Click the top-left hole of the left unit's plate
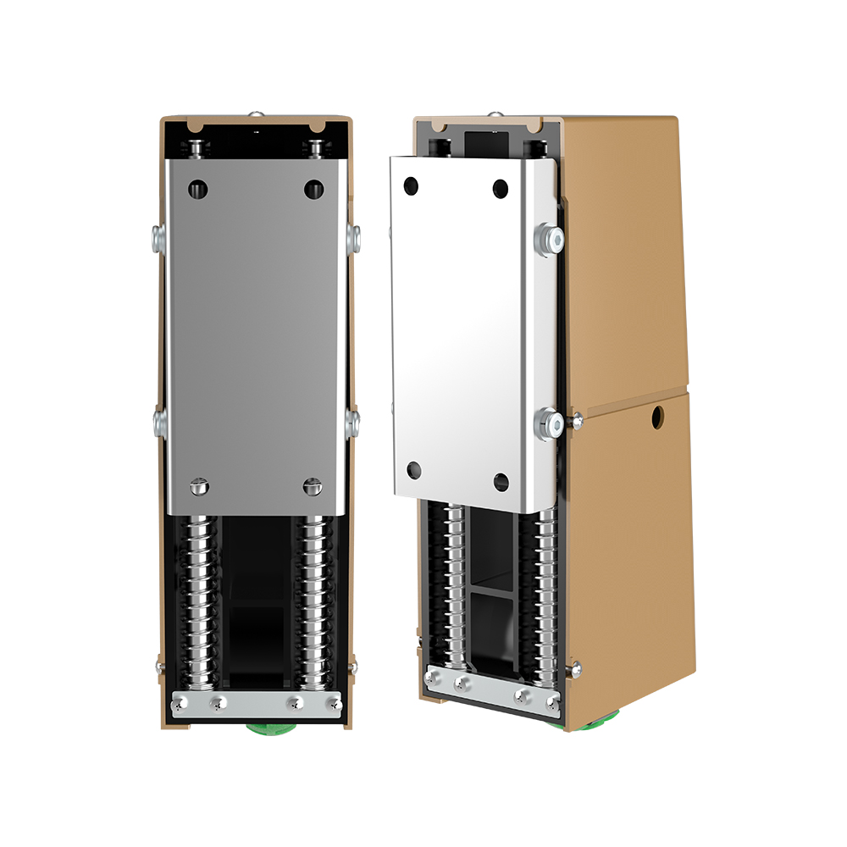coord(198,188)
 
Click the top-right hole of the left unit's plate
coord(314,188)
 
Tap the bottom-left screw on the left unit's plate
coord(199,486)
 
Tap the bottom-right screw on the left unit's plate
coord(312,486)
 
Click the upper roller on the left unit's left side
coord(158,238)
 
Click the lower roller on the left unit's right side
coord(352,423)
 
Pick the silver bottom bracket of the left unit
coord(257,702)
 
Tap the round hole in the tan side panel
coord(657,416)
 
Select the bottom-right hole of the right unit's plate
coord(501,483)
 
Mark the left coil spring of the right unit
coord(455,584)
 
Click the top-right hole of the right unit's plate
coord(501,188)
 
